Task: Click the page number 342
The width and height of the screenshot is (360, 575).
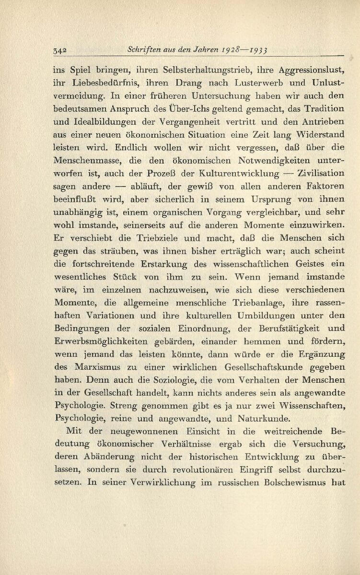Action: point(60,49)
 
